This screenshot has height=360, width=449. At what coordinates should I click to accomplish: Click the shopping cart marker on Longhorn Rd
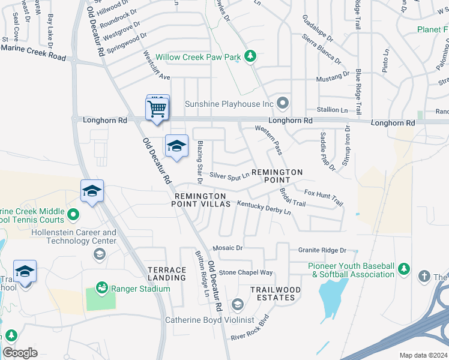point(157,109)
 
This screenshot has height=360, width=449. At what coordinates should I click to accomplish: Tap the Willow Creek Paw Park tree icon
point(250,57)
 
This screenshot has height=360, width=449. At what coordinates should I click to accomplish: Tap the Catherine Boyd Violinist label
point(210,320)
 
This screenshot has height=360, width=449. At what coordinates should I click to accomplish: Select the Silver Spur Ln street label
point(229,176)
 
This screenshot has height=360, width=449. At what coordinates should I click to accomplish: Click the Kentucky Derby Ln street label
point(264,208)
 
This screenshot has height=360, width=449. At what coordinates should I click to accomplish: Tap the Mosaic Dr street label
point(228,248)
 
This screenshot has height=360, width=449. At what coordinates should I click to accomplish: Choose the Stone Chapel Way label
point(246,272)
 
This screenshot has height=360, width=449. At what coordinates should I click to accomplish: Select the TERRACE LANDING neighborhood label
point(167,274)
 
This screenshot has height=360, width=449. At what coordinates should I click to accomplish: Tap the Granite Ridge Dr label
point(322,250)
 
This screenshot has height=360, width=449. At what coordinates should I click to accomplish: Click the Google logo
point(20,352)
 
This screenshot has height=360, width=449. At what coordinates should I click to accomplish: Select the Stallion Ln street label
point(332,110)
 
